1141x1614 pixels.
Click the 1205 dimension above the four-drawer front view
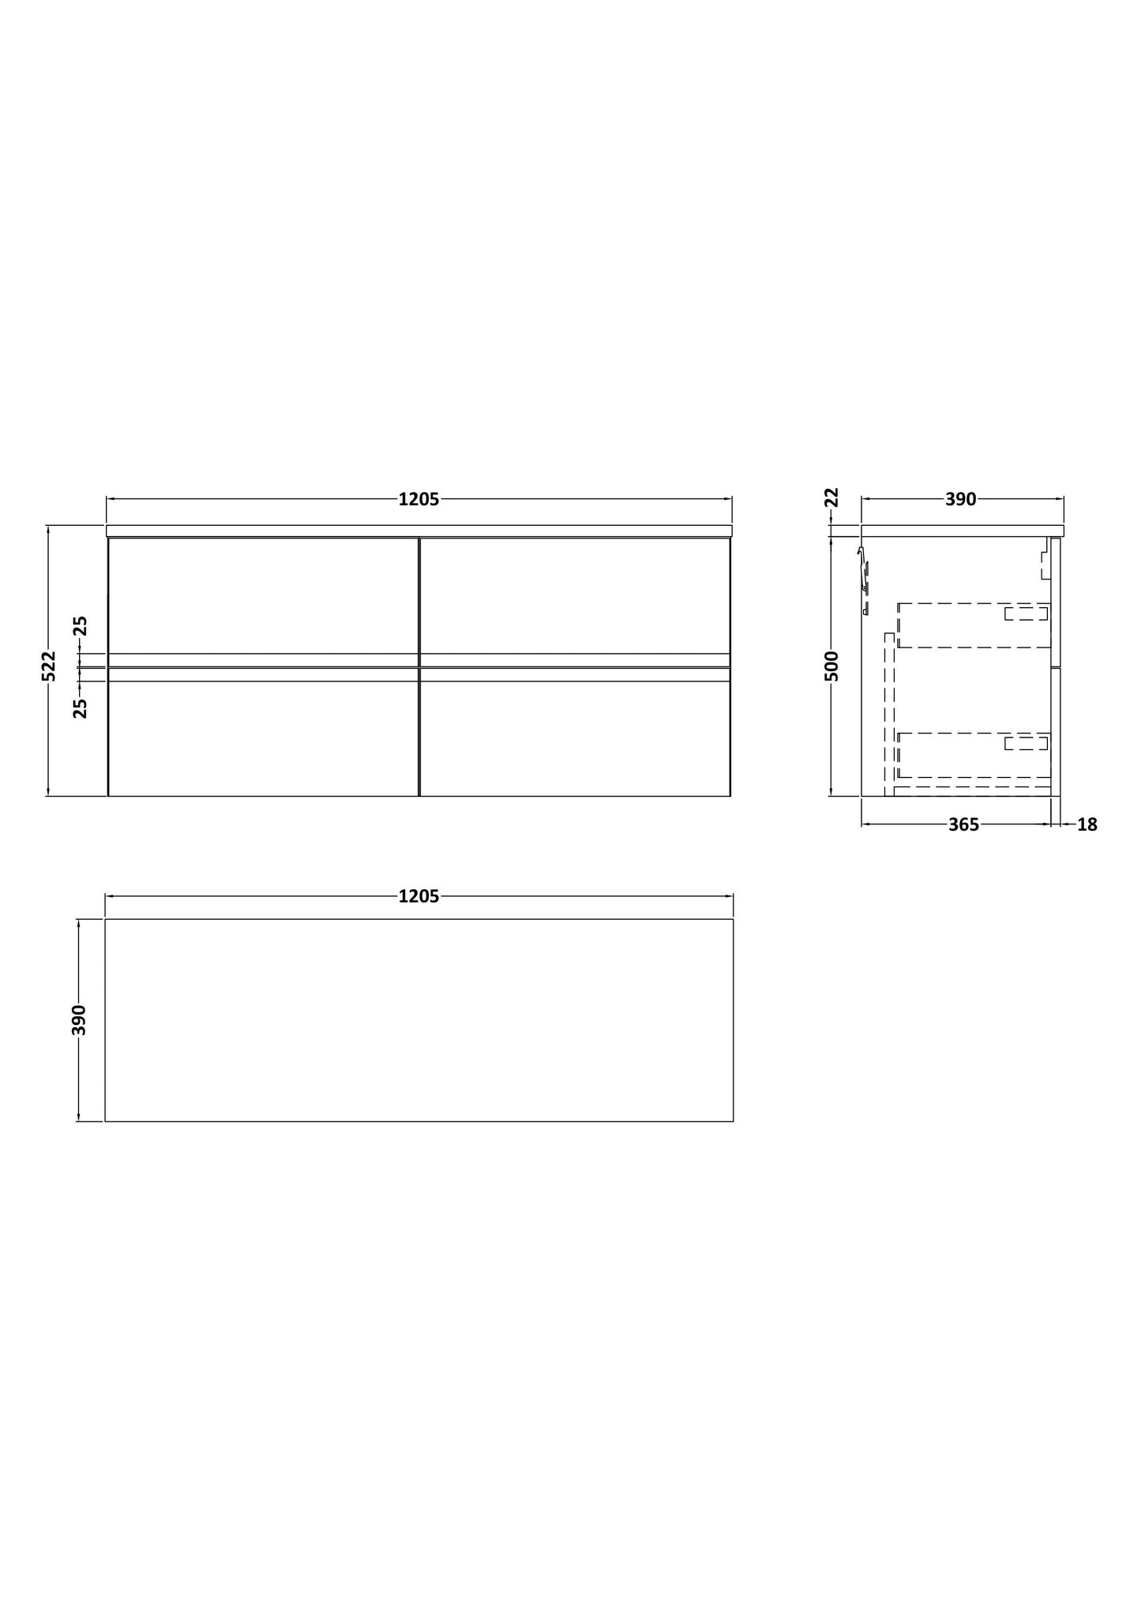[418, 499]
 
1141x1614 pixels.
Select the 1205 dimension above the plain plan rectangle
[418, 896]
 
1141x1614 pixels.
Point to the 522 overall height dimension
[49, 665]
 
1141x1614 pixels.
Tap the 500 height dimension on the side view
[831, 665]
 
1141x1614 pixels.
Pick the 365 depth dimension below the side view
[963, 824]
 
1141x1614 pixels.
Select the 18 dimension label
[1087, 824]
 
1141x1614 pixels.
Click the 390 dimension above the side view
[961, 499]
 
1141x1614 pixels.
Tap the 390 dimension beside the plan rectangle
[79, 1019]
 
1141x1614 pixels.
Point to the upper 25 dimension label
[81, 626]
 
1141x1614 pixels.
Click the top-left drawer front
[263, 595]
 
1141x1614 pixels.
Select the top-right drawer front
[575, 595]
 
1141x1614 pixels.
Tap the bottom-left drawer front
[263, 738]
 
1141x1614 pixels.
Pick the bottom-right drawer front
[575, 738]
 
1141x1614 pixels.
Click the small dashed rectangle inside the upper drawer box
[1026, 614]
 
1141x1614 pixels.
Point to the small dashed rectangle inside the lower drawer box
[1026, 743]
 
